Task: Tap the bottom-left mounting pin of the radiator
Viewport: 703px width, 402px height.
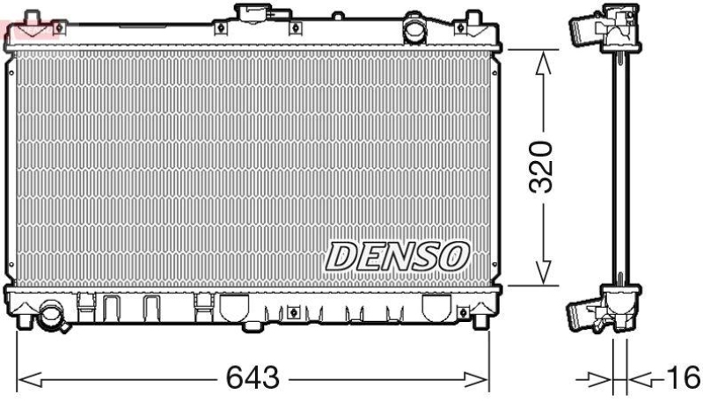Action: tap(20, 322)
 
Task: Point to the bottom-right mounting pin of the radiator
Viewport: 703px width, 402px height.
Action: tap(480, 322)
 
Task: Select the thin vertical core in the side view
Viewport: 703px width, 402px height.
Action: tap(621, 167)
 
